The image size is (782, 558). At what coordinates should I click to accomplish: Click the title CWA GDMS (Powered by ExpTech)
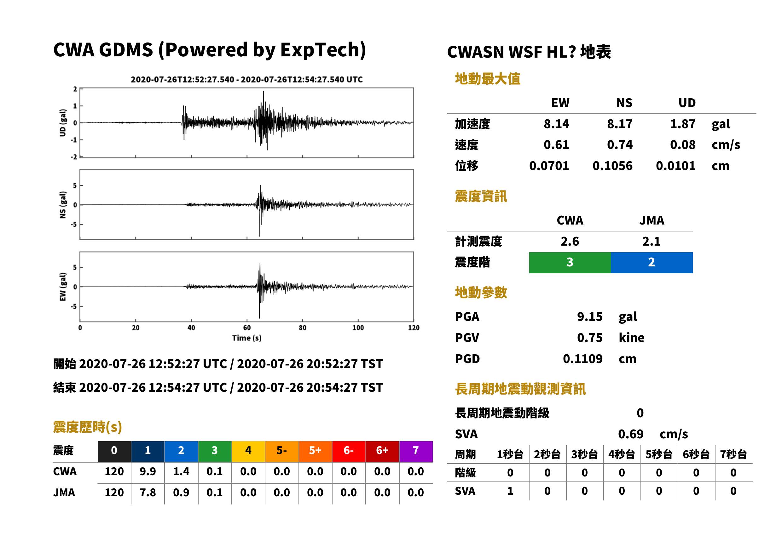pyautogui.click(x=209, y=50)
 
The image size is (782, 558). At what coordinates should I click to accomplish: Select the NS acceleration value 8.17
pyautogui.click(x=619, y=124)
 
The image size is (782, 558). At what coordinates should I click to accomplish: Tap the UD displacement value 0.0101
pyautogui.click(x=675, y=166)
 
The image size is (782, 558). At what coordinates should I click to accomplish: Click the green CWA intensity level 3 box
pyautogui.click(x=570, y=263)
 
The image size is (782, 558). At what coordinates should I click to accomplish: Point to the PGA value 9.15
pyautogui.click(x=590, y=316)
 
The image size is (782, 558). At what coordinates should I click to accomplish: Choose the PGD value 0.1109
pyautogui.click(x=582, y=359)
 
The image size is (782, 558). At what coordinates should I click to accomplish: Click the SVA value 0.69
pyautogui.click(x=631, y=434)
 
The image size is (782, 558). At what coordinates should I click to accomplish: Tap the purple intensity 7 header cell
pyautogui.click(x=416, y=451)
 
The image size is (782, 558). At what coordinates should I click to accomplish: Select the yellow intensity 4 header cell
pyautogui.click(x=248, y=451)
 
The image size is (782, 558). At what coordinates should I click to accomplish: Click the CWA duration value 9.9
pyautogui.click(x=148, y=471)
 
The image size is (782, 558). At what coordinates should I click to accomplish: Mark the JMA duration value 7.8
pyautogui.click(x=148, y=493)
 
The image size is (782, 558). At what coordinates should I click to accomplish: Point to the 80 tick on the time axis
pyautogui.click(x=302, y=328)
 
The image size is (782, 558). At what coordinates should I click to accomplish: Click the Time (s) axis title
pyautogui.click(x=246, y=338)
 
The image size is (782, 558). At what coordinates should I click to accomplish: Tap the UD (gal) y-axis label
pyautogui.click(x=63, y=123)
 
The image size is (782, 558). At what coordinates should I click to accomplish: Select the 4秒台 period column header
pyautogui.click(x=621, y=455)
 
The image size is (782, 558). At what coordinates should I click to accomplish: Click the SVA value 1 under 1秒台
pyautogui.click(x=510, y=491)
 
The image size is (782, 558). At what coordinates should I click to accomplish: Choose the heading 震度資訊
pyautogui.click(x=481, y=196)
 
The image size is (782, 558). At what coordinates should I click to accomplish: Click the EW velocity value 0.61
pyautogui.click(x=556, y=145)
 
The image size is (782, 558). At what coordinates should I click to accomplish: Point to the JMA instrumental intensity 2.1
pyautogui.click(x=651, y=242)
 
